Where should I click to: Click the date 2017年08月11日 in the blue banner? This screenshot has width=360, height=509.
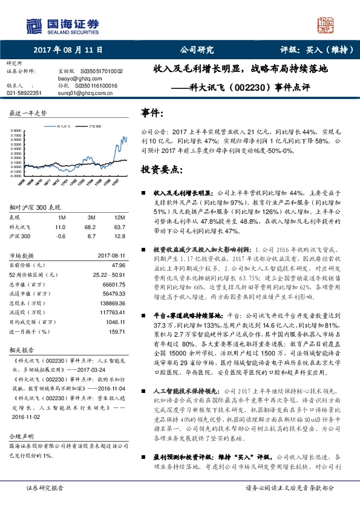[67, 51]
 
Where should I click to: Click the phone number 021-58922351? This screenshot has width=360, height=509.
[24, 93]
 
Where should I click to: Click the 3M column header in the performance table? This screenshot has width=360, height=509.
[93, 216]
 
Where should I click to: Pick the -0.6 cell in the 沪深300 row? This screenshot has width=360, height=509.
[60, 236]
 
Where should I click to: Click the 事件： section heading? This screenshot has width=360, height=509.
[152, 113]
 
